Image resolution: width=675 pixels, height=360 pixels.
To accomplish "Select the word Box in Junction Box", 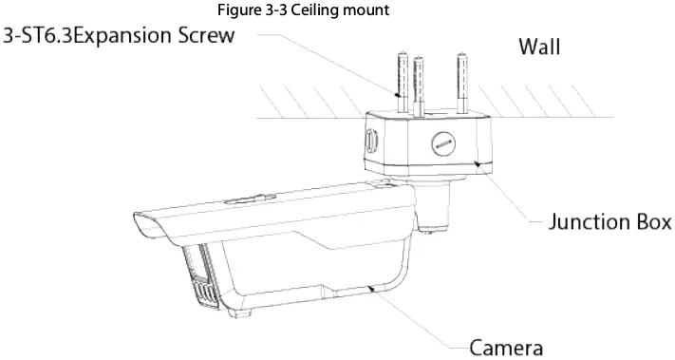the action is click(649, 223).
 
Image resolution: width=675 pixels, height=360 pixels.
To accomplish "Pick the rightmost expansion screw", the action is click(464, 81).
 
